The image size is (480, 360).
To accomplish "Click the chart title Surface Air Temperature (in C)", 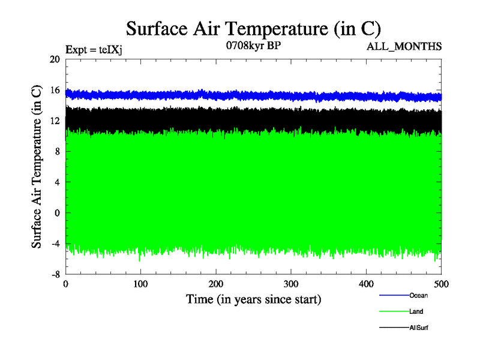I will pos(253,29).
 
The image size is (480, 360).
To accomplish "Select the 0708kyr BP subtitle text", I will pos(253,46).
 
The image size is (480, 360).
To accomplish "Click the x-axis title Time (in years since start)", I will pos(253,299).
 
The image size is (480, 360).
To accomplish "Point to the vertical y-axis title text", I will pos(37,167).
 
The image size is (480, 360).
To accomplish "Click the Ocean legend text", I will pos(418,295).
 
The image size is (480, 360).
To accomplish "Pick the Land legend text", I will pos(416,311).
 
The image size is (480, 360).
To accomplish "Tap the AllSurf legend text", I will pos(419,328).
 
